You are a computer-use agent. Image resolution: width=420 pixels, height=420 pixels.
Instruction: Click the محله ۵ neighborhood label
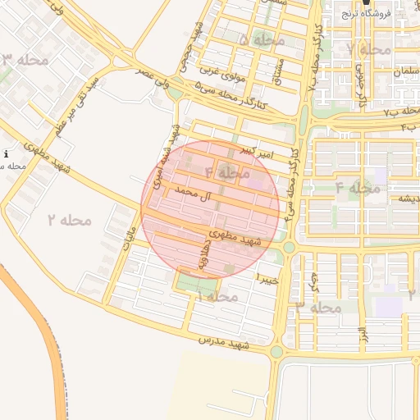tap(262, 39)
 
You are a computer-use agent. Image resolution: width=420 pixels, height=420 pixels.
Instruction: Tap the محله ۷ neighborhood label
tap(369, 49)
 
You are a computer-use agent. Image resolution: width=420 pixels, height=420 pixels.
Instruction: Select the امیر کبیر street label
tap(257, 153)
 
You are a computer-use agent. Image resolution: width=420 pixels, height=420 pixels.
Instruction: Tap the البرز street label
tap(362, 334)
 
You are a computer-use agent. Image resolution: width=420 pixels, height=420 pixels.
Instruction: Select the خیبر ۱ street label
tap(269, 279)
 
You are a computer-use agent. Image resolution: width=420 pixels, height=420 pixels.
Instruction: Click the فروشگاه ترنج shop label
tap(390, 12)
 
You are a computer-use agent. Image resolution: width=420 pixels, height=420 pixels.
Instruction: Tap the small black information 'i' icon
tap(7, 153)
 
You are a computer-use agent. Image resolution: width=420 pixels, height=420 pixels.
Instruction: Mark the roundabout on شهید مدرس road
tap(276, 352)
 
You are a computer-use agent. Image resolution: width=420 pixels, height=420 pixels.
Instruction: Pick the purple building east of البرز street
tap(389, 306)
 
